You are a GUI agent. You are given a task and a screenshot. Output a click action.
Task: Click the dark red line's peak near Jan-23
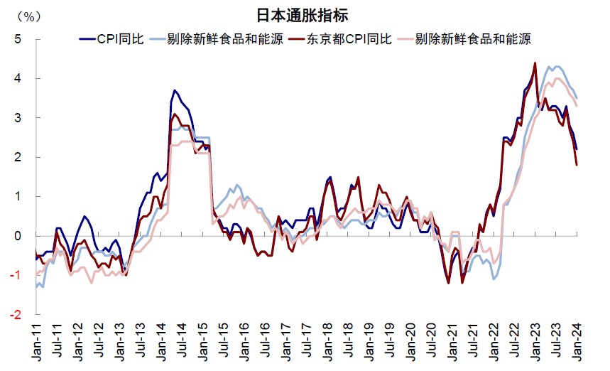point(534,63)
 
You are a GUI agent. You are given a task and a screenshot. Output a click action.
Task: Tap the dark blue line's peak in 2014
point(174,91)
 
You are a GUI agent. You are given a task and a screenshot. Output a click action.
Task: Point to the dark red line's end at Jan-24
point(577,164)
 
